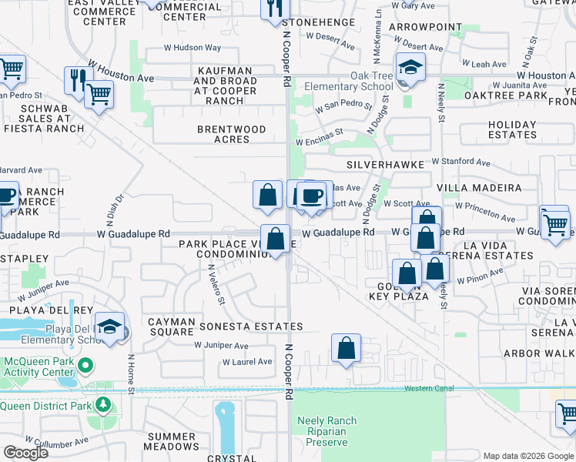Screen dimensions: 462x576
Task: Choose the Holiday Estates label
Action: coord(512,129)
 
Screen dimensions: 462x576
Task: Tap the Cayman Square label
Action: coord(171,326)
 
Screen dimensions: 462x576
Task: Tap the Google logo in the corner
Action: coord(25,453)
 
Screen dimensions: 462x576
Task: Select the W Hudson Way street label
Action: coord(193,48)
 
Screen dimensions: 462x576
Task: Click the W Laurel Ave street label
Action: coord(247,361)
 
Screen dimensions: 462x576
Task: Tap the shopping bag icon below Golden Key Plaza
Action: coord(347,347)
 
